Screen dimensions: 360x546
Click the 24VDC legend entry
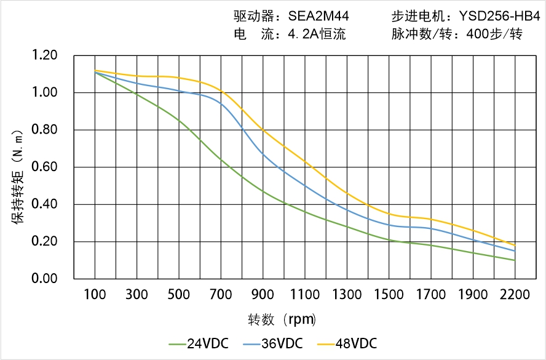tap(197, 343)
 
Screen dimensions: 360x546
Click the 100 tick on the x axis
tap(95, 295)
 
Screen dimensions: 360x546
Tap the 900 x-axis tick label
tap(263, 295)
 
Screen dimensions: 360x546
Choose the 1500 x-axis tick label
tap(389, 295)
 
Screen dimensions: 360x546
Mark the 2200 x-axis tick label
tap(515, 295)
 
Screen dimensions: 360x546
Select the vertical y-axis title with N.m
tap(18, 176)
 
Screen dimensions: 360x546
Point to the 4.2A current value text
tap(317, 34)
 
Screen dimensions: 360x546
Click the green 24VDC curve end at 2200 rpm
tap(515, 260)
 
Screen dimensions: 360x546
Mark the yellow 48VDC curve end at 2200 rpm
tap(515, 246)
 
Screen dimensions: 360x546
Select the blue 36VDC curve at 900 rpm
tap(263, 153)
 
